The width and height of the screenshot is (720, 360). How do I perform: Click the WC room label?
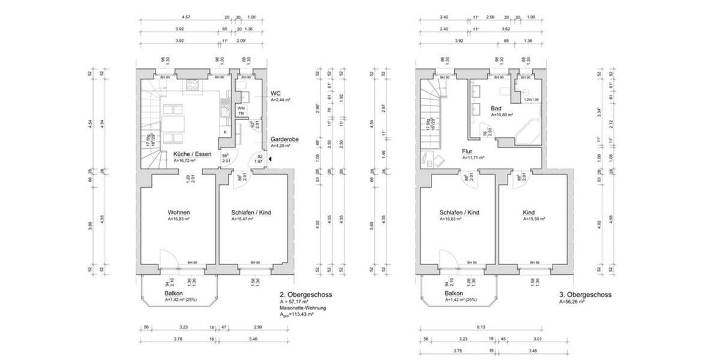coord(276,94)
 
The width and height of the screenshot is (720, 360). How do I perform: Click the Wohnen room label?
coord(179,213)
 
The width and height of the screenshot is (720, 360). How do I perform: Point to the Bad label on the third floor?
coord(496,107)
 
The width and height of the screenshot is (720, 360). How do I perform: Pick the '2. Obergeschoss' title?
coord(305,295)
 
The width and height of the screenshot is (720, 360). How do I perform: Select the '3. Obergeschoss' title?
coord(584,295)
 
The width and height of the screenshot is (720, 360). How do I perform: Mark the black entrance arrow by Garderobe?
coord(271,159)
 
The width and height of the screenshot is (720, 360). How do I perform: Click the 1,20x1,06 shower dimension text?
coord(532,100)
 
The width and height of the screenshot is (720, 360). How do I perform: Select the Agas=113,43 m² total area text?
coord(297,314)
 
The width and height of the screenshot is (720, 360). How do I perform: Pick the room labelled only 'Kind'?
coord(528,213)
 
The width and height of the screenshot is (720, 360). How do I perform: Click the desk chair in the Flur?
coord(436,160)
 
